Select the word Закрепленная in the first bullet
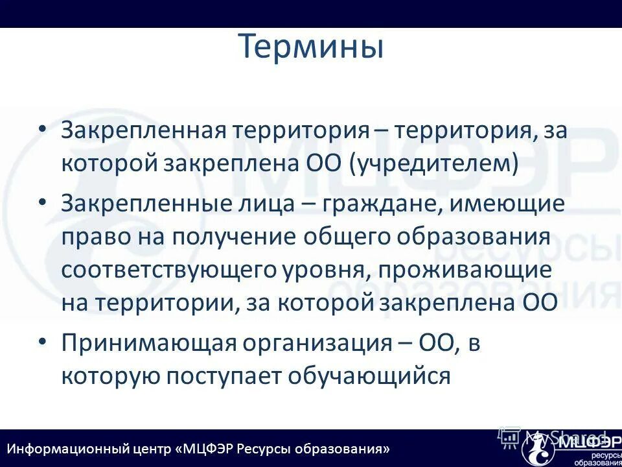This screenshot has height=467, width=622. click(143, 130)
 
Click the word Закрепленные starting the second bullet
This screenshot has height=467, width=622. click(143, 204)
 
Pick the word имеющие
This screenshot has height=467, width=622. click(499, 204)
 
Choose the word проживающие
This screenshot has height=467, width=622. click(466, 270)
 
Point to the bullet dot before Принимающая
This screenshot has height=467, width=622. click(42, 341)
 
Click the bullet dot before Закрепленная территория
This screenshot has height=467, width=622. click(42, 128)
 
